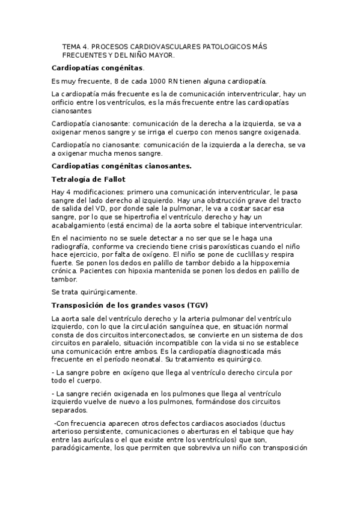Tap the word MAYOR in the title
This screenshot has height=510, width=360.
[160, 55]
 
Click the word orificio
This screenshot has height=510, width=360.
[65, 103]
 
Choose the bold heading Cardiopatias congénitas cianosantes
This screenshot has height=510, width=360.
[130, 165]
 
